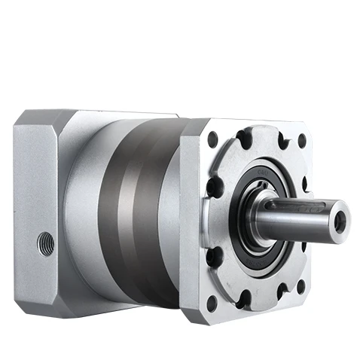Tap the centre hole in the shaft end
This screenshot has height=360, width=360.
tap(340, 220)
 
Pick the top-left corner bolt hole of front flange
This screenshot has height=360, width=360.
tap(213, 139)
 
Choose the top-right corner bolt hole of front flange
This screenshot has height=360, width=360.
tap(302, 140)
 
